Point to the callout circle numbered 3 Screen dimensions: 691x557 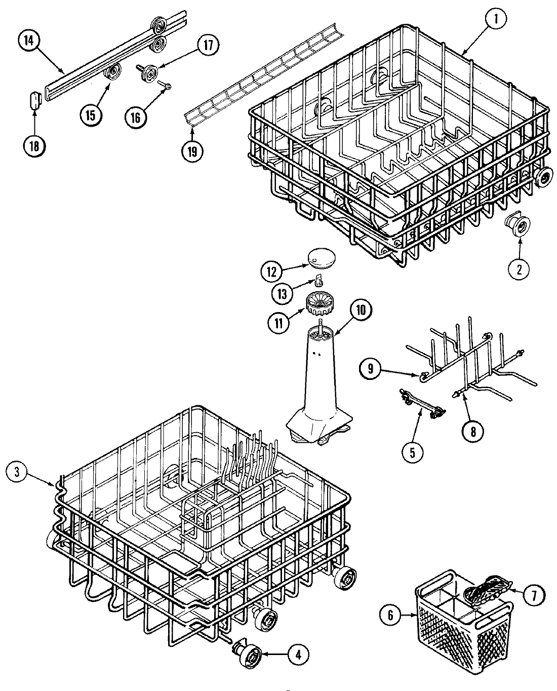pos(17,472)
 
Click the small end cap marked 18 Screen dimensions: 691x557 pos(34,99)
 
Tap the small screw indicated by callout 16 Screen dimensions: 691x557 pos(164,86)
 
